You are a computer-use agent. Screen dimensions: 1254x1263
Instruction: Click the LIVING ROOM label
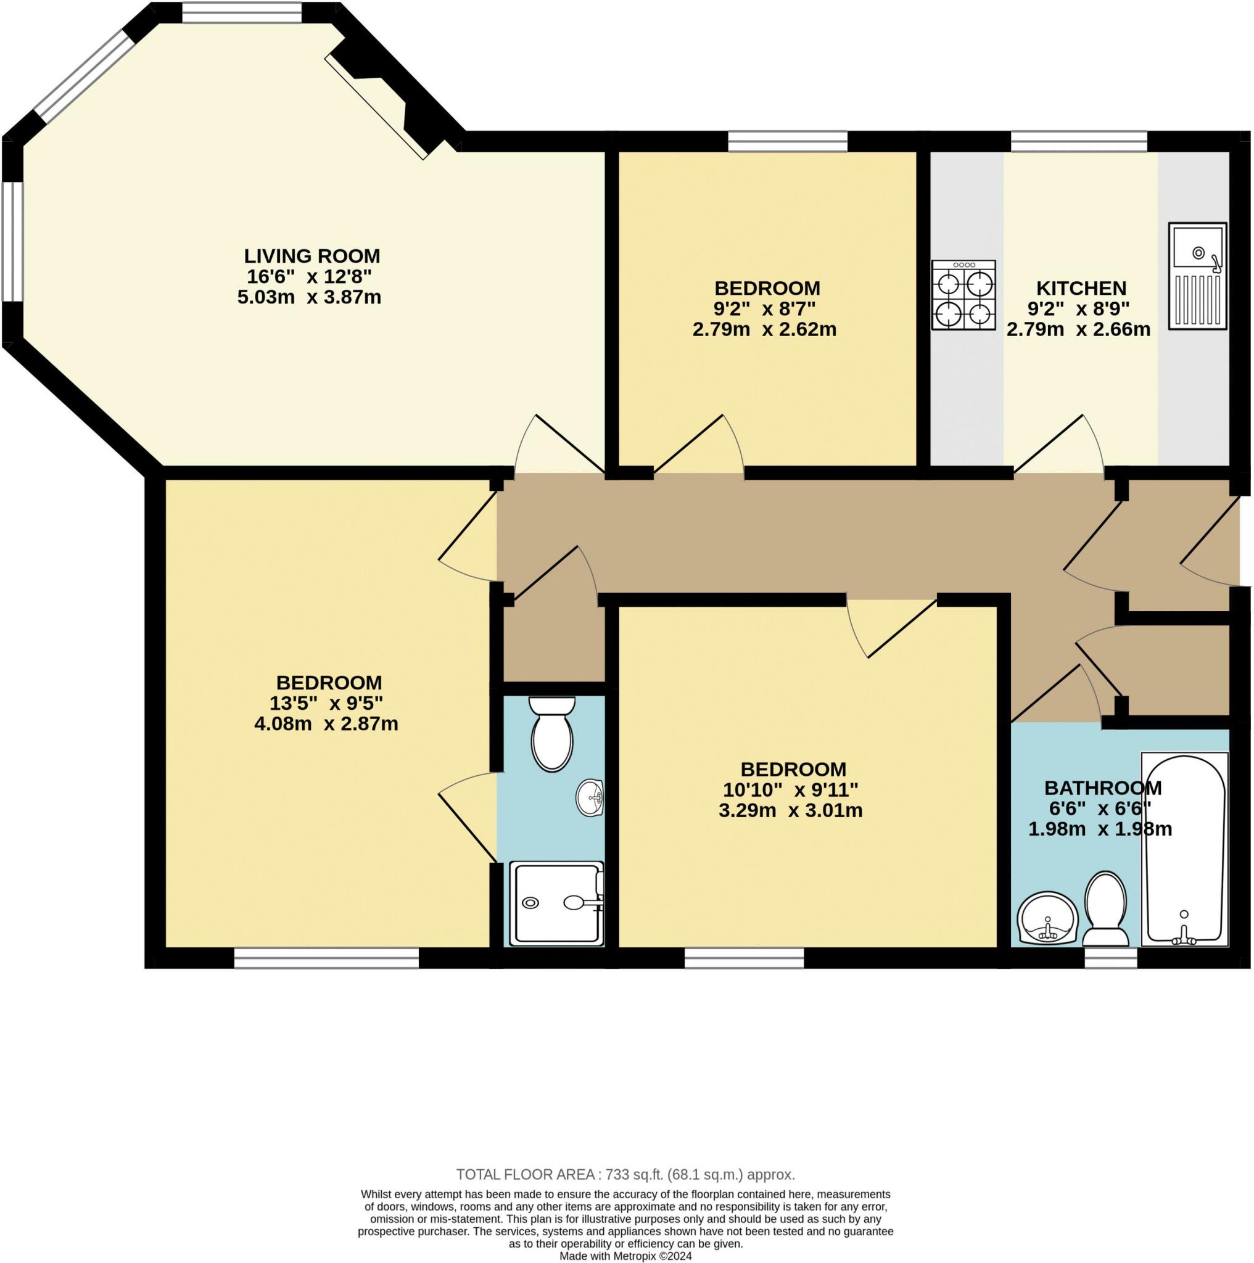[x=312, y=255]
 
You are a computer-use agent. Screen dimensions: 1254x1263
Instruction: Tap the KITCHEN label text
[x=1081, y=288]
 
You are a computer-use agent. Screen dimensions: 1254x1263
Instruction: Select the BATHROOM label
[x=1102, y=788]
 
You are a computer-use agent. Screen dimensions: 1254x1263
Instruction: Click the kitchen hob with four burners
[x=964, y=295]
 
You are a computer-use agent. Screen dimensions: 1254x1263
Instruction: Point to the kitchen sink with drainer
[x=1197, y=276]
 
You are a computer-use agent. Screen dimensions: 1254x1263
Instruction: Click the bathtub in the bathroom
[x=1184, y=849]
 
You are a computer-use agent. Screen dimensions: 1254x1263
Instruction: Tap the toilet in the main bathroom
[x=1105, y=908]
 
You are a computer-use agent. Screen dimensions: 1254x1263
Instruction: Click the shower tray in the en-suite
[x=556, y=903]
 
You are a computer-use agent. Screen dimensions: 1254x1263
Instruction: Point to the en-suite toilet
[x=553, y=733]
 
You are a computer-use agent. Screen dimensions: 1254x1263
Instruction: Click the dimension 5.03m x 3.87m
[x=309, y=297]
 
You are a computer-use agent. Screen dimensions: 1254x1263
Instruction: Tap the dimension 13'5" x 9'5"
[x=326, y=704]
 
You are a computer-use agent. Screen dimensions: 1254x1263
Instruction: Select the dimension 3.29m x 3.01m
[x=790, y=810]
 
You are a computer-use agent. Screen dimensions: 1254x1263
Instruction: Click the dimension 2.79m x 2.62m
[x=764, y=329]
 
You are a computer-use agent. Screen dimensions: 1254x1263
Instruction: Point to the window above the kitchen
[x=1079, y=141]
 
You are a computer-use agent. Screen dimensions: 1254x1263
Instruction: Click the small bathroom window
[x=1111, y=958]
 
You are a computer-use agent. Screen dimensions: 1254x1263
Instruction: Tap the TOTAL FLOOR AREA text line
[x=625, y=1175]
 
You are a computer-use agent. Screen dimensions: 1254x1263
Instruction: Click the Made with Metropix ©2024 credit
[x=625, y=1256]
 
